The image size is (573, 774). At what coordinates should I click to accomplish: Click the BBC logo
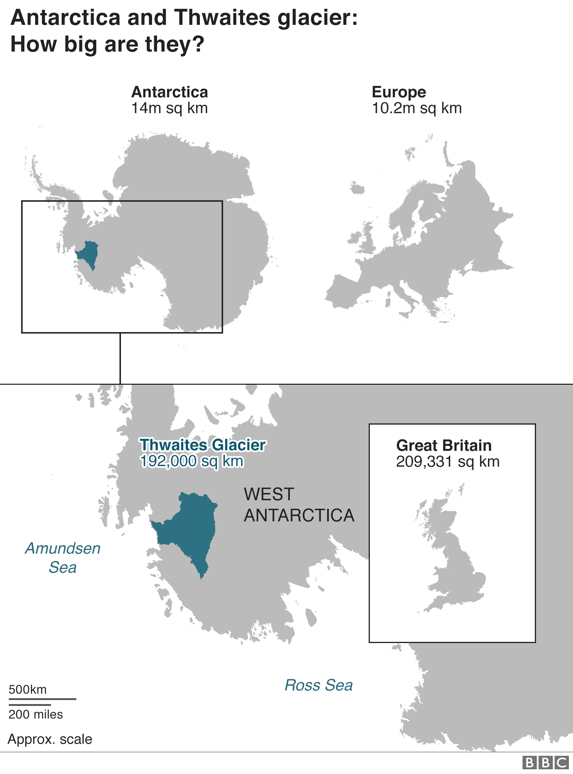[545, 763]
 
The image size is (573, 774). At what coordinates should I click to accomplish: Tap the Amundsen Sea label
[63, 558]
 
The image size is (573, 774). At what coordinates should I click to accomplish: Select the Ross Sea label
[318, 685]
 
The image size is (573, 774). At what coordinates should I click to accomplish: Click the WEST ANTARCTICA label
[299, 505]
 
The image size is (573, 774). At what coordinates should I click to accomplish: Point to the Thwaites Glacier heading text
[203, 445]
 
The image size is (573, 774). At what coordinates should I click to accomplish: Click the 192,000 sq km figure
[192, 461]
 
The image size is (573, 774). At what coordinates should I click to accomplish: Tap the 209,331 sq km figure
[447, 462]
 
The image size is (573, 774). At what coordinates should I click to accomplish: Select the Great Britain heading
[444, 445]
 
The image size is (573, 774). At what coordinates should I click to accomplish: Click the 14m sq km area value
[169, 108]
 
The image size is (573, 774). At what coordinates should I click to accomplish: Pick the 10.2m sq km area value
[417, 108]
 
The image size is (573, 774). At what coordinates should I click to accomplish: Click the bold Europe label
[399, 92]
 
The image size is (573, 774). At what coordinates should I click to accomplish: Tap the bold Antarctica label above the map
[170, 92]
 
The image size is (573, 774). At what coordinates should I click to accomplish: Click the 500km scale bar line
[42, 699]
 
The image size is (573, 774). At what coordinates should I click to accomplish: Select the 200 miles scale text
[36, 714]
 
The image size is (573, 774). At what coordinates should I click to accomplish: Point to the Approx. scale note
[50, 739]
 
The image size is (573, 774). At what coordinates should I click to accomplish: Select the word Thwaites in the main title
[222, 17]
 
